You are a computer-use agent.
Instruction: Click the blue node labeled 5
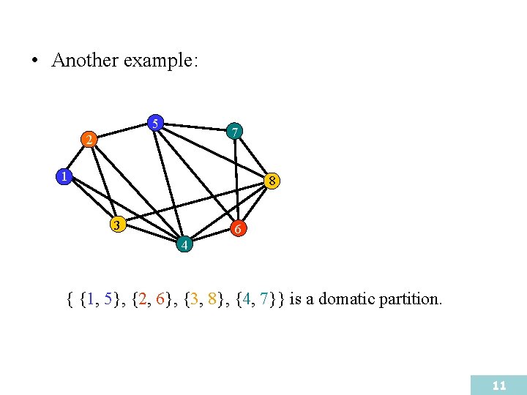click(155, 122)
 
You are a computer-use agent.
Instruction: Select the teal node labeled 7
click(233, 132)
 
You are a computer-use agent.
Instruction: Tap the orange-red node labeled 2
click(88, 139)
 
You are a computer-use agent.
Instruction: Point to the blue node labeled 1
click(64, 176)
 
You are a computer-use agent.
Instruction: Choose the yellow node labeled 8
click(272, 180)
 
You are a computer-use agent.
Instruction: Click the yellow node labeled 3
click(116, 225)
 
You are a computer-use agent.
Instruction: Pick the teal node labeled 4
click(184, 244)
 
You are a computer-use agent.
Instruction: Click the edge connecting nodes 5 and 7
click(194, 127)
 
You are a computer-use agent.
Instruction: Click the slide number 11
click(499, 385)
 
